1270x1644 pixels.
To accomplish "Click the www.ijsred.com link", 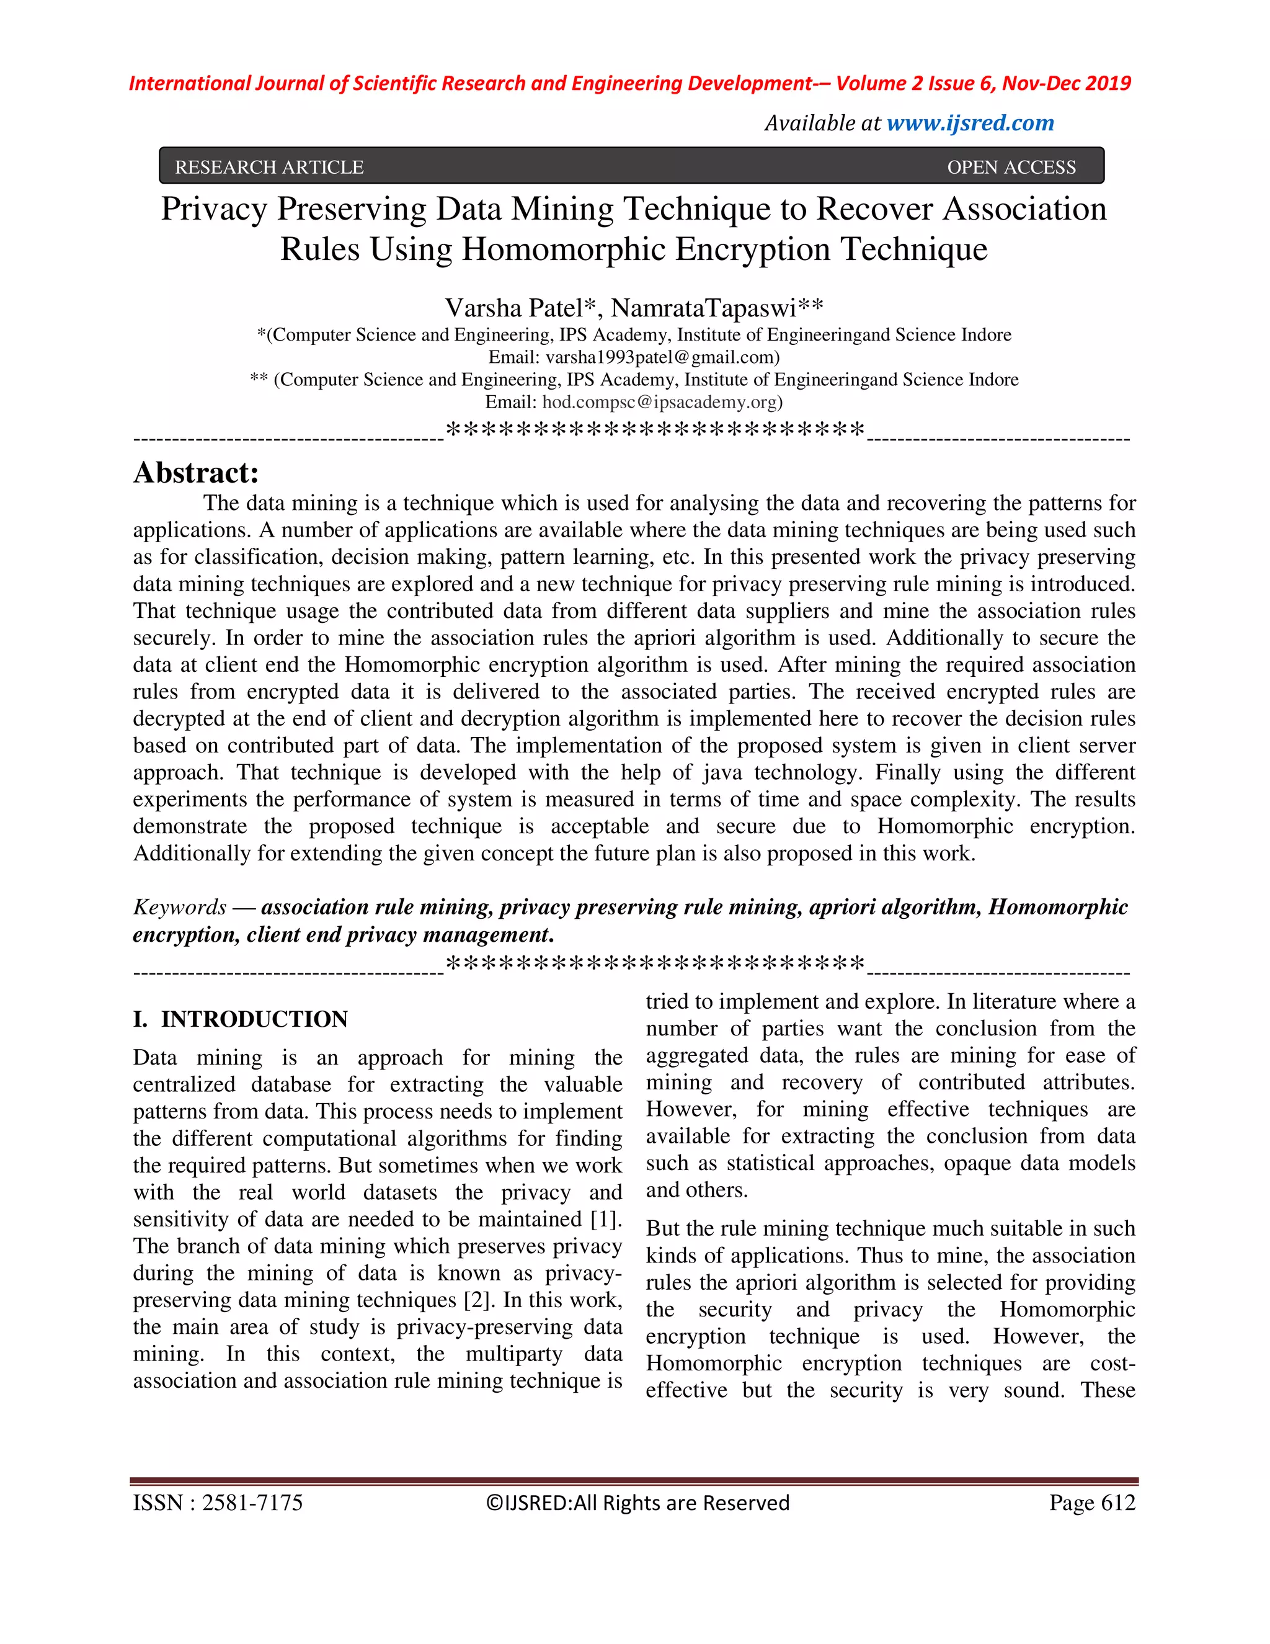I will pyautogui.click(x=970, y=123).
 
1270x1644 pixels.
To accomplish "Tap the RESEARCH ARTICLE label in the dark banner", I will pyautogui.click(x=269, y=167).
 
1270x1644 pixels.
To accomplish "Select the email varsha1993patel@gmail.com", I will pyautogui.click(x=661, y=357).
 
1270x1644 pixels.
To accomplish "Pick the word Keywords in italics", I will pyautogui.click(x=180, y=906).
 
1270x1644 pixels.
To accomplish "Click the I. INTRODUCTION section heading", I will pyautogui.click(x=240, y=1019).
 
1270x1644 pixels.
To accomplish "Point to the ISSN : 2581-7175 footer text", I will pyautogui.click(x=218, y=1503).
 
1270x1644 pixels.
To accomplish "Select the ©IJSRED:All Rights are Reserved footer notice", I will pyautogui.click(x=638, y=1503).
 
